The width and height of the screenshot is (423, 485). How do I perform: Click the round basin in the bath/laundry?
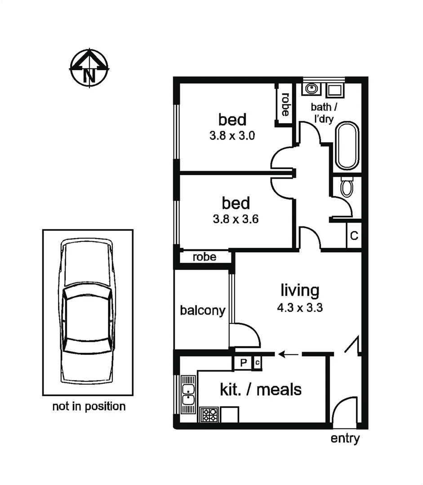pos(311,89)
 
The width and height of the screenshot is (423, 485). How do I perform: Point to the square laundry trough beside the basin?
pos(334,90)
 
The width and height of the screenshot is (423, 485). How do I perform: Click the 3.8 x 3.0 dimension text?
pos(232,136)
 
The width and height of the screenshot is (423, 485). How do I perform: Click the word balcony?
pos(202,310)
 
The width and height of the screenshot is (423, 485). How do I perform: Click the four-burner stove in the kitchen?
pos(209,414)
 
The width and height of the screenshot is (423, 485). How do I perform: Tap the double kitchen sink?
pos(187,392)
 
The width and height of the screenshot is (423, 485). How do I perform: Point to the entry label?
pos(345,439)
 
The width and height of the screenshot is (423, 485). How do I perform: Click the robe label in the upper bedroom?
pos(285,104)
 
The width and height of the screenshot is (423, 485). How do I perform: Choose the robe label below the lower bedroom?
pos(204,257)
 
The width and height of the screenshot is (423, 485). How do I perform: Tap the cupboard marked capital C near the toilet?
pos(354,236)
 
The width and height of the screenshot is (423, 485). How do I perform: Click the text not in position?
pos(89,407)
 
